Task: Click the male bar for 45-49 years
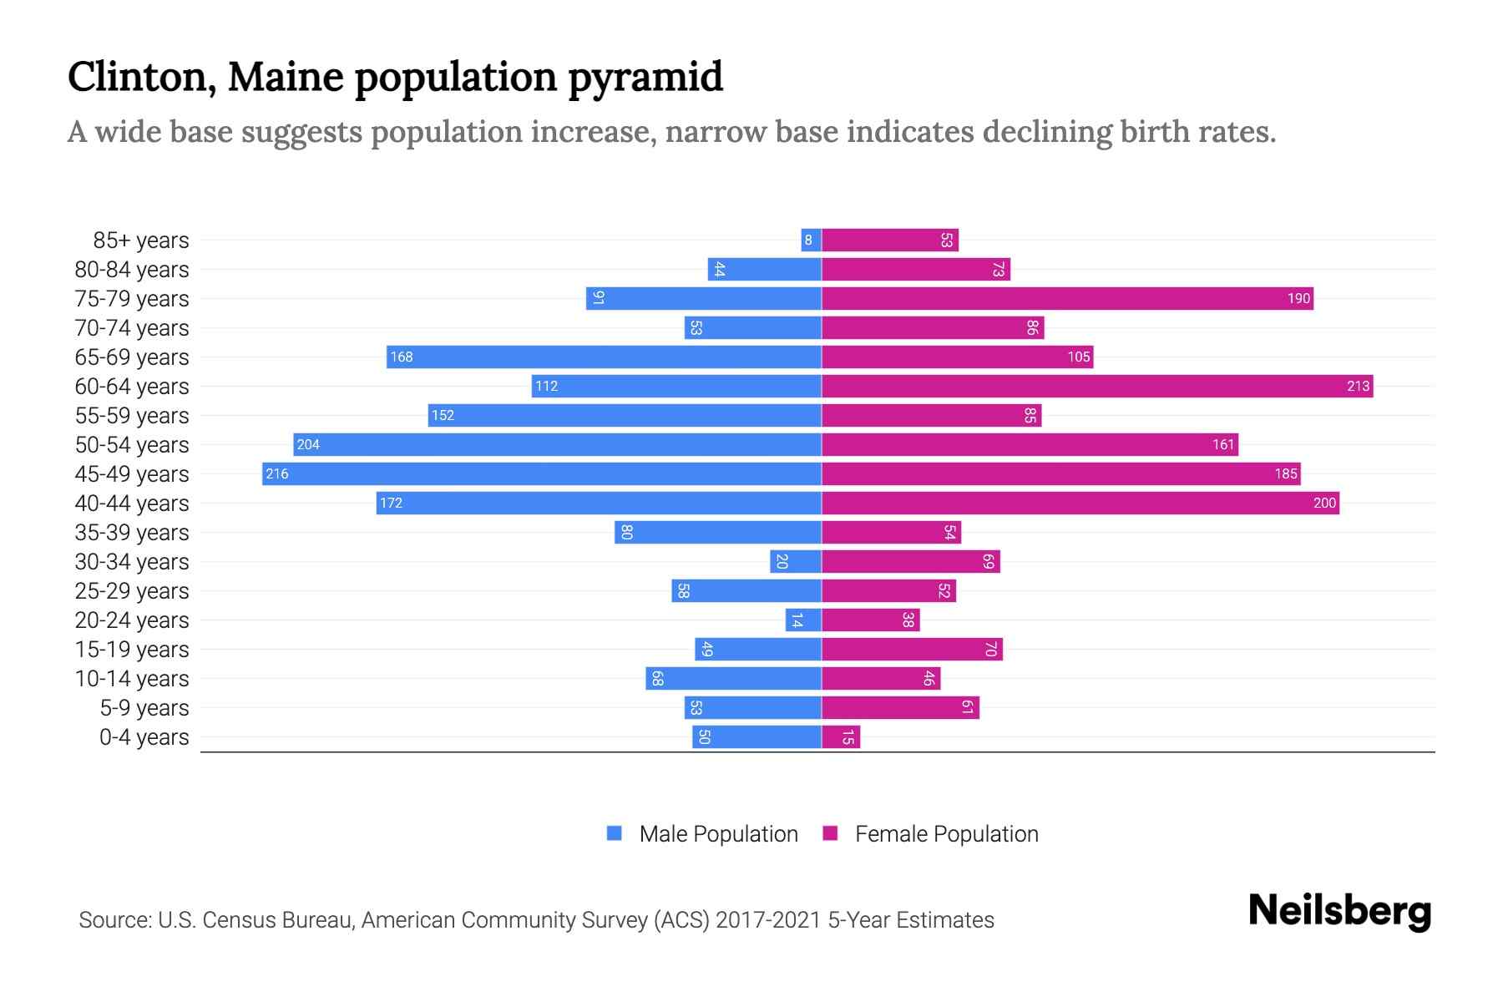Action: click(x=541, y=473)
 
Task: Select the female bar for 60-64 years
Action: click(x=1096, y=386)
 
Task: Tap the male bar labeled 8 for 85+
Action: click(x=811, y=240)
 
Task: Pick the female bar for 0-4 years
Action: click(x=840, y=736)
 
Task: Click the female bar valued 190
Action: click(x=1067, y=298)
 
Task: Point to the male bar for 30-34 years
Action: click(x=795, y=561)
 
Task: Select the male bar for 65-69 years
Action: click(x=604, y=357)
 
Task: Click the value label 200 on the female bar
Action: click(x=1324, y=503)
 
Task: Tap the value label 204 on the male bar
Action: click(x=308, y=444)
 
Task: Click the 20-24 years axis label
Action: click(x=132, y=620)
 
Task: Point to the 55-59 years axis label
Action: click(x=132, y=416)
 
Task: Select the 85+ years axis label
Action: click(x=141, y=240)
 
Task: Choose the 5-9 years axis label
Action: click(x=144, y=708)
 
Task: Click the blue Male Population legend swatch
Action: click(x=615, y=833)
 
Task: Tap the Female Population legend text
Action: click(x=946, y=833)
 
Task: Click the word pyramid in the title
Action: click(x=645, y=77)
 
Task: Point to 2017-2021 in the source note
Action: click(x=767, y=920)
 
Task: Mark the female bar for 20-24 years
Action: click(x=870, y=620)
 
